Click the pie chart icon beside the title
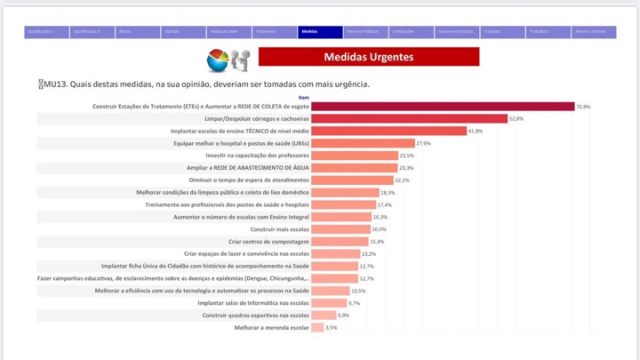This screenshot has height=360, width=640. point(218,60)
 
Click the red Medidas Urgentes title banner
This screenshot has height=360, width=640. point(368,57)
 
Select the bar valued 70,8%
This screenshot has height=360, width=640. point(443,107)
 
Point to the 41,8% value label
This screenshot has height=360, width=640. point(476,131)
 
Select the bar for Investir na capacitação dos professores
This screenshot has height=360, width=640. point(355,156)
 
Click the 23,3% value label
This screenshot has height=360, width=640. point(406,168)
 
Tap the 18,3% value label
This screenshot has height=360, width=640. point(388,193)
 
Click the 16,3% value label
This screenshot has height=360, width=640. point(380,217)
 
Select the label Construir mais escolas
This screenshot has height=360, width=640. point(280,229)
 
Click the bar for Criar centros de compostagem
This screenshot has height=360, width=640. point(340,242)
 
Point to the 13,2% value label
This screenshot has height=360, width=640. point(368,254)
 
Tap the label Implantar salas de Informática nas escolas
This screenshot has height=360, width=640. point(253,303)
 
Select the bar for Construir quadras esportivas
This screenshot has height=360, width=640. point(324,316)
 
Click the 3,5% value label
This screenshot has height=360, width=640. point(332,328)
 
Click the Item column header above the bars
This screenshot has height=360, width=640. point(304,97)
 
